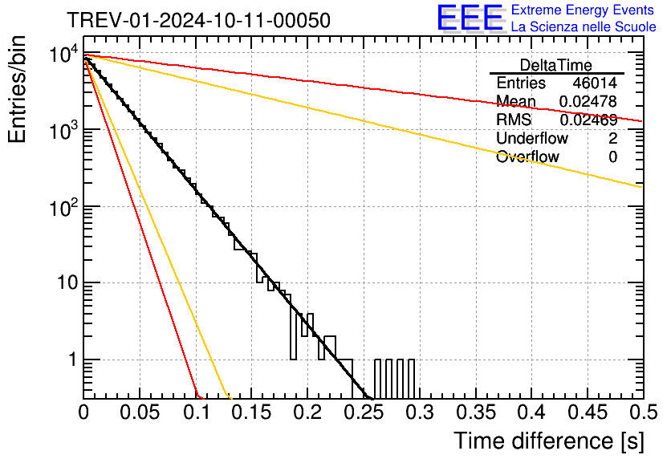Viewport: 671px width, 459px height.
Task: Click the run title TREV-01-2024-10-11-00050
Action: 199,20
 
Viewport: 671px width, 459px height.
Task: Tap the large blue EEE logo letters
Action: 470,18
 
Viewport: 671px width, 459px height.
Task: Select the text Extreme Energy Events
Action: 583,10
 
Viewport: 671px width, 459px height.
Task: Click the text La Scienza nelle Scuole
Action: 584,26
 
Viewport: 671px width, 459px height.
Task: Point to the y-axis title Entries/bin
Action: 17,90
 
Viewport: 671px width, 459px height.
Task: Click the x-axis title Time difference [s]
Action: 549,441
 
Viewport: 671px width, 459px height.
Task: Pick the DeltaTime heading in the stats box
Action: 556,65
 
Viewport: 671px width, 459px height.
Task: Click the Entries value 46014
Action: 595,83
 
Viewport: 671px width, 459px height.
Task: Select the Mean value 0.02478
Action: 588,101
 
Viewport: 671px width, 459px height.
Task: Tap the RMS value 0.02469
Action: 588,120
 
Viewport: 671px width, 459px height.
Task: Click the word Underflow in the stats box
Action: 532,138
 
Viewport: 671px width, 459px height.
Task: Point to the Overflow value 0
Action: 612,157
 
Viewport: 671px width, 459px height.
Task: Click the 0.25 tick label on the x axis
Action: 364,412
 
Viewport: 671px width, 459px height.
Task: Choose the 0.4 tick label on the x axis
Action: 531,412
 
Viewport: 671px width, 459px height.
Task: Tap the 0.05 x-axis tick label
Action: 140,412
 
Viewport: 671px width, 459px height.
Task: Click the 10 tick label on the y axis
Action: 67,282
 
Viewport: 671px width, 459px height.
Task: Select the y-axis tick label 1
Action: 73,359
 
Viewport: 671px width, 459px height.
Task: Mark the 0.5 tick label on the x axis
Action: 644,412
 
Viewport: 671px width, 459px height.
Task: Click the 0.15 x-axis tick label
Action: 252,412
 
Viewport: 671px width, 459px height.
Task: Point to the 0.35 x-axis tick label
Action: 475,412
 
